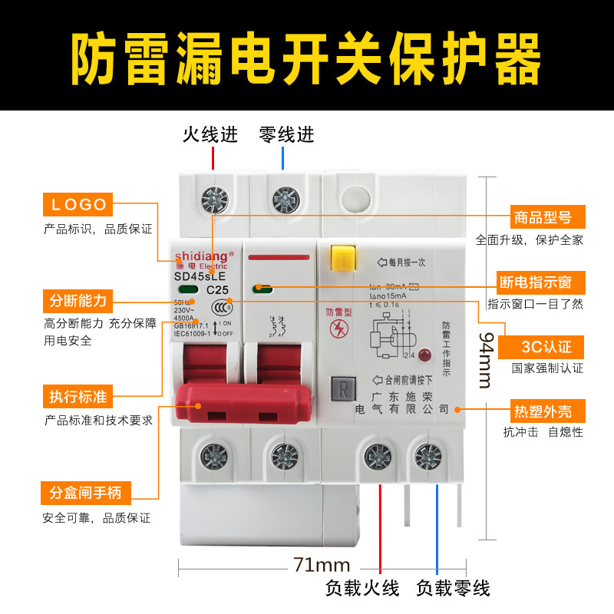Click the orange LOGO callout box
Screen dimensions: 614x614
point(78,205)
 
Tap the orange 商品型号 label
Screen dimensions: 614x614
point(541,216)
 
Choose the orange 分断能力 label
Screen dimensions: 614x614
point(78,299)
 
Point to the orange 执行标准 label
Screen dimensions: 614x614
point(78,397)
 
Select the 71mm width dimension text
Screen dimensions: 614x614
point(322,566)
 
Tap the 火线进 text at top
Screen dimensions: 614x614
point(210,135)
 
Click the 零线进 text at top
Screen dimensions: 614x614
point(287,135)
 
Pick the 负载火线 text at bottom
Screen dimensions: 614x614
point(362,589)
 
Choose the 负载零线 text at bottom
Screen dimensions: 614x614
point(453,589)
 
